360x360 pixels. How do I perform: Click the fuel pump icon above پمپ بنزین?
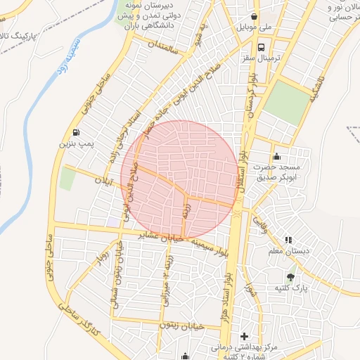click(x=75, y=132)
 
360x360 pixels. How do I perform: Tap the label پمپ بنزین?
click(x=75, y=143)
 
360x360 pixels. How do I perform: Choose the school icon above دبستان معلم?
click(x=288, y=240)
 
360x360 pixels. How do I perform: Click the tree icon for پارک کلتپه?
click(x=291, y=276)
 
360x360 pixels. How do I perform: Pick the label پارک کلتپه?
click(x=291, y=288)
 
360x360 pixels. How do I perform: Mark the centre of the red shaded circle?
click(x=180, y=179)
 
